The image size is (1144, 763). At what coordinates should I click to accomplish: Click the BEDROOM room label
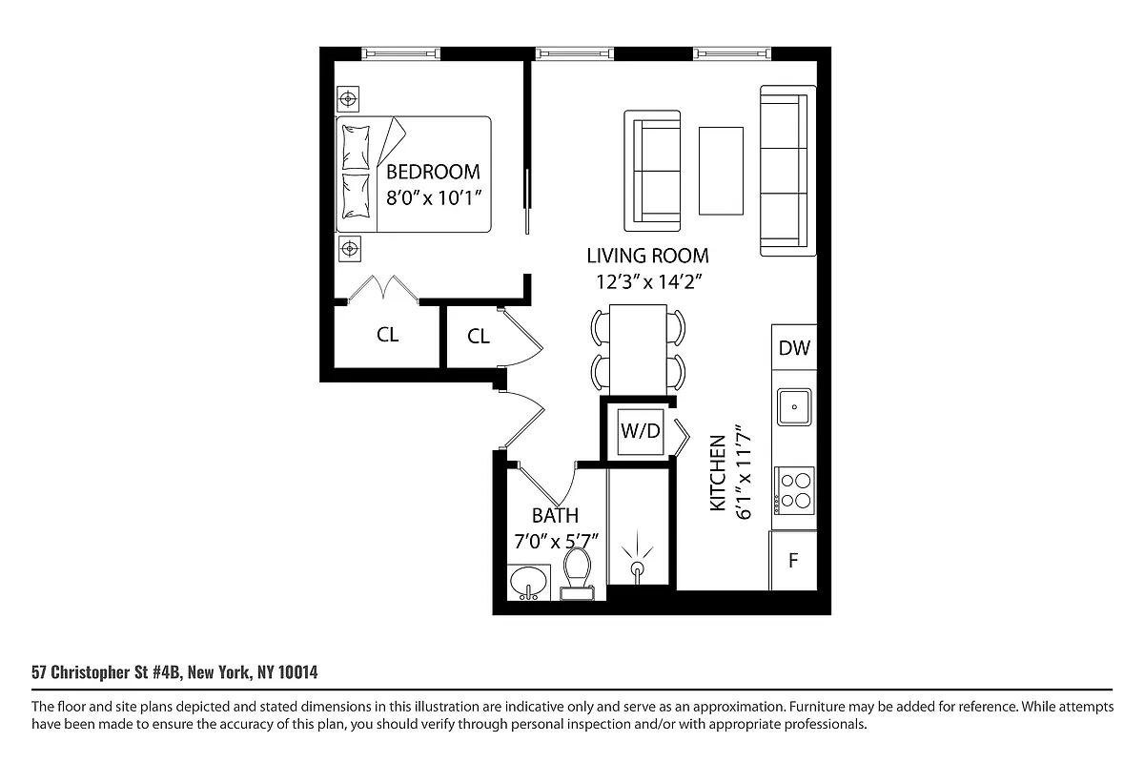pyautogui.click(x=433, y=172)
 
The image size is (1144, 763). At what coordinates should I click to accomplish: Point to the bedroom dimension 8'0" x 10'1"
pyautogui.click(x=433, y=198)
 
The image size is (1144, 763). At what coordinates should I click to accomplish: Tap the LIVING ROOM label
pyautogui.click(x=647, y=256)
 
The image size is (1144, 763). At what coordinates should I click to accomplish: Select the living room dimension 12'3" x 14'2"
pyautogui.click(x=647, y=281)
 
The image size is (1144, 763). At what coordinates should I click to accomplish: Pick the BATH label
pyautogui.click(x=555, y=516)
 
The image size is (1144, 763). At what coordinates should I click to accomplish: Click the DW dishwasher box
pyautogui.click(x=793, y=348)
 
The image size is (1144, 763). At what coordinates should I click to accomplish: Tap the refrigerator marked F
pyautogui.click(x=792, y=561)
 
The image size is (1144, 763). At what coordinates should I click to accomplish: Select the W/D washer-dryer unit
pyautogui.click(x=641, y=430)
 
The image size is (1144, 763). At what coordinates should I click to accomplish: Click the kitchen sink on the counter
pyautogui.click(x=793, y=406)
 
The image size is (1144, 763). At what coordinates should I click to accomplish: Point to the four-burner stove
pyautogui.click(x=794, y=488)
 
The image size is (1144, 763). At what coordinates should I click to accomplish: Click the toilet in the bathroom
pyautogui.click(x=578, y=572)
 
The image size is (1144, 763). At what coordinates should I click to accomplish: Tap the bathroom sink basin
pyautogui.click(x=528, y=581)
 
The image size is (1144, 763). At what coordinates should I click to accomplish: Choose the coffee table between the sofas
pyautogui.click(x=722, y=171)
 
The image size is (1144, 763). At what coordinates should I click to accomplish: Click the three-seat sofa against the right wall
pyautogui.click(x=788, y=171)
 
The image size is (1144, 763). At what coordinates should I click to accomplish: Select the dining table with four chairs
pyautogui.click(x=638, y=347)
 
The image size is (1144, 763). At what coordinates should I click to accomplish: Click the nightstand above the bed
pyautogui.click(x=350, y=98)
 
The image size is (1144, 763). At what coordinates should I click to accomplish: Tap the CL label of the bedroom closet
pyautogui.click(x=387, y=335)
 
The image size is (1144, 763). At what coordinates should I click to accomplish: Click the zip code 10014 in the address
pyautogui.click(x=296, y=672)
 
